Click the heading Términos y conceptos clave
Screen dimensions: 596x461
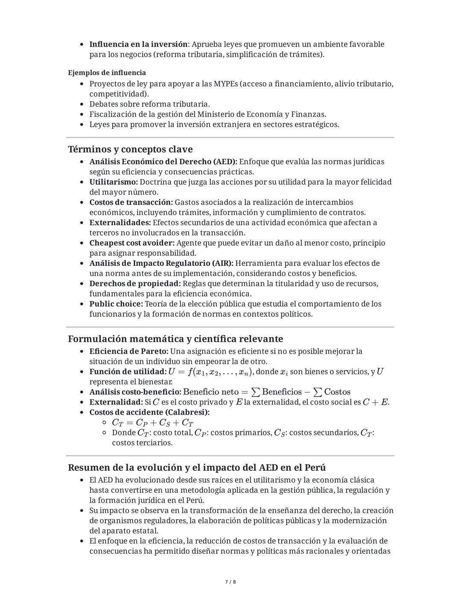pyautogui.click(x=130, y=149)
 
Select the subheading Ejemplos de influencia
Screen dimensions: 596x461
pyautogui.click(x=107, y=73)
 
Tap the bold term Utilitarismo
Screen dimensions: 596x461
pyautogui.click(x=113, y=182)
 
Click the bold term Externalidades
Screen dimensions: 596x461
pyautogui.click(x=120, y=223)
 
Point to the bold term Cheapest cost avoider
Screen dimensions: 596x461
pyautogui.click(x=131, y=243)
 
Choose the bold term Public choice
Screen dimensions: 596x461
pyautogui.click(x=116, y=304)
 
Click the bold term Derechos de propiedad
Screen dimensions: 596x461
pyautogui.click(x=135, y=284)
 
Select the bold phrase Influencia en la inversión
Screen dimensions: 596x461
pyautogui.click(x=138, y=44)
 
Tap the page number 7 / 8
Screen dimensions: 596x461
pyautogui.click(x=230, y=582)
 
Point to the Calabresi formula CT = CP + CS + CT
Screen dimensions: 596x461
pyautogui.click(x=152, y=423)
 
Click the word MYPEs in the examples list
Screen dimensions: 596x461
pyautogui.click(x=225, y=84)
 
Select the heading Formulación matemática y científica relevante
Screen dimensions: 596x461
pyautogui.click(x=175, y=339)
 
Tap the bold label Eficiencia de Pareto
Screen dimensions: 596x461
pyautogui.click(x=129, y=352)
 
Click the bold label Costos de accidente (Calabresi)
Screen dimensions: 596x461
pyautogui.click(x=149, y=413)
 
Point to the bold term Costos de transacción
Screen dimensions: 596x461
pyautogui.click(x=131, y=202)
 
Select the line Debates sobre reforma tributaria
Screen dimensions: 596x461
pyautogui.click(x=149, y=104)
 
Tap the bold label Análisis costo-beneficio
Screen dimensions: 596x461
pyautogui.click(x=135, y=392)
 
